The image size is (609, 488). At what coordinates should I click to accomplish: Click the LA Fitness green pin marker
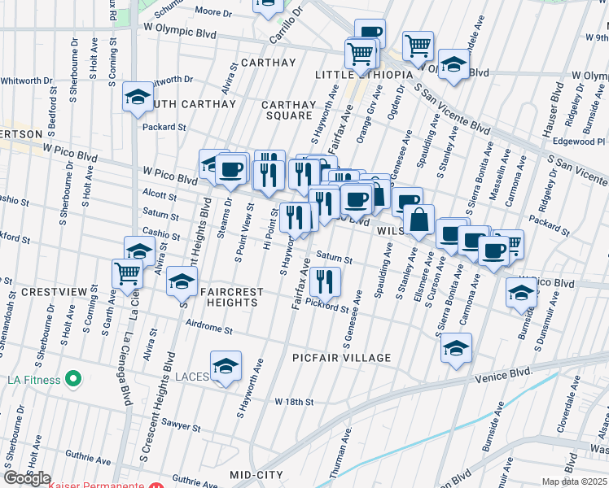pos(73,379)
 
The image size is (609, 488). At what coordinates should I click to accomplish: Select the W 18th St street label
pos(294,402)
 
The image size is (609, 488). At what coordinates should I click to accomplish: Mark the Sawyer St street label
pos(181,425)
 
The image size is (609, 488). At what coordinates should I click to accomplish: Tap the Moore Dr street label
pos(214,12)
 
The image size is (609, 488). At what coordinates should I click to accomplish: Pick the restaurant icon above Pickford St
pos(325,281)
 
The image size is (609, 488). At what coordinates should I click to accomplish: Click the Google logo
pos(27,477)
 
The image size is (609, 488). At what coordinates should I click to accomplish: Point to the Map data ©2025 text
pos(574,481)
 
